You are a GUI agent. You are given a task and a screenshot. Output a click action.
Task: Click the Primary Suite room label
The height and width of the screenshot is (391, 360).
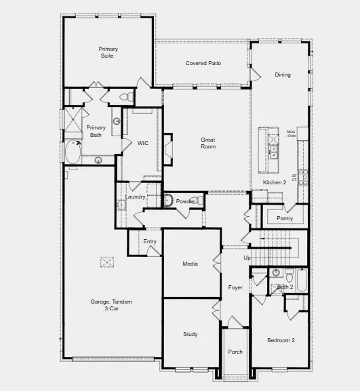pos(108,52)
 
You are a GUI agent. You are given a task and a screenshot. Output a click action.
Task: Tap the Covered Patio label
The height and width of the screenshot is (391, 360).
pos(203,64)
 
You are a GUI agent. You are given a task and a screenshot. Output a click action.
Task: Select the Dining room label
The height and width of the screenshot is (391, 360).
pos(283,75)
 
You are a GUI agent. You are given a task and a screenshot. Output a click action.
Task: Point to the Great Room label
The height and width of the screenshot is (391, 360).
pos(208,143)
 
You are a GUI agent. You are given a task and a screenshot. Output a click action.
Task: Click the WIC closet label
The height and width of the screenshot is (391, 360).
pos(143,143)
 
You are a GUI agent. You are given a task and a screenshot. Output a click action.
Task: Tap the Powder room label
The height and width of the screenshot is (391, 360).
pos(186,201)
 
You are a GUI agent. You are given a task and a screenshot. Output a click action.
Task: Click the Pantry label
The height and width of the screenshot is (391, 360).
pos(285,218)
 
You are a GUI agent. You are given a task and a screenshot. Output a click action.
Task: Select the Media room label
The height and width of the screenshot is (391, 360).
pos(191,264)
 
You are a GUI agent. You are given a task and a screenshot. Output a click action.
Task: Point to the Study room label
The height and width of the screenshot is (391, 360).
pos(191,335)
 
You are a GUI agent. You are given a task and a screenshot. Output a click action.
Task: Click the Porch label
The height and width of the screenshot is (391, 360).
pos(235,352)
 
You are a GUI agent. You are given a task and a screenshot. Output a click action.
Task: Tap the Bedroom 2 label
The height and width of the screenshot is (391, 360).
pos(280,339)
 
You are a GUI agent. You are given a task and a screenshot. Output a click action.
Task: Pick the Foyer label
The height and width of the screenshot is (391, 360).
pos(235,287)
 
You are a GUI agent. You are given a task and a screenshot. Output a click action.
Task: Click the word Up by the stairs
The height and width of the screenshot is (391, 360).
pos(247,258)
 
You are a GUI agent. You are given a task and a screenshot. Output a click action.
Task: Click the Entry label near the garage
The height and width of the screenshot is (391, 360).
pos(150,241)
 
